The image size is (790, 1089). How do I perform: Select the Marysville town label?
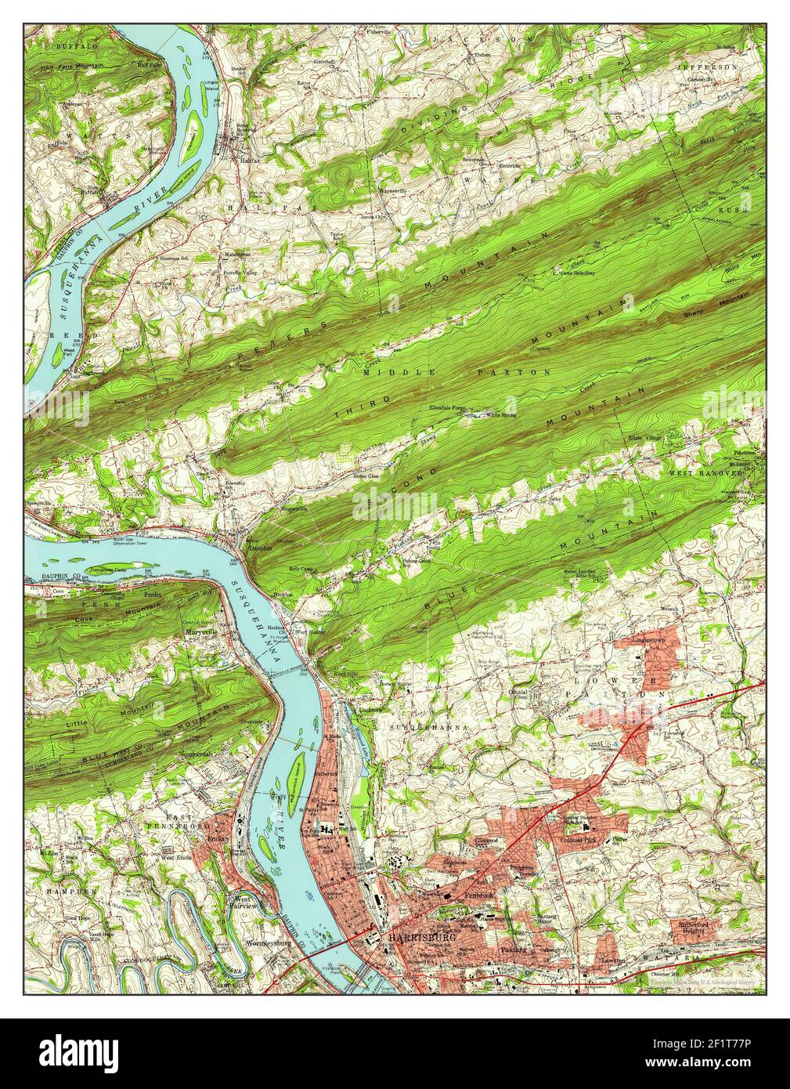click(x=200, y=631)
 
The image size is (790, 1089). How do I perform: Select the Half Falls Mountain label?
click(x=71, y=67)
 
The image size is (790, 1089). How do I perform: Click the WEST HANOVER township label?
click(x=705, y=473)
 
